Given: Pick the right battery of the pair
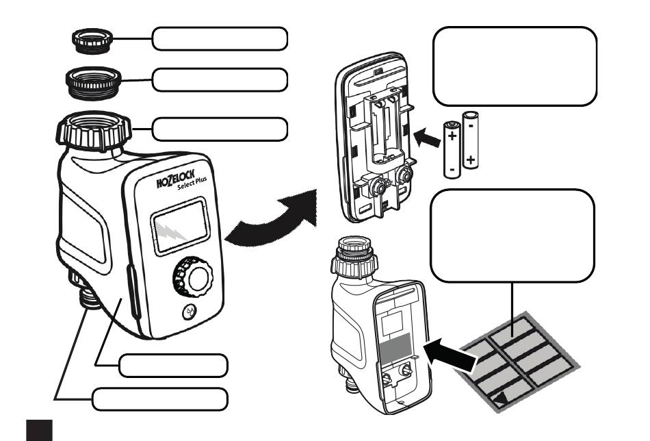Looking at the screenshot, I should [x=471, y=140].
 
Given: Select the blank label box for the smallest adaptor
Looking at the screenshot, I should [x=219, y=39].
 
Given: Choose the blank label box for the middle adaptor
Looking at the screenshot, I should [x=219, y=80].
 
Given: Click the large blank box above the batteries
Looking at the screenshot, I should [x=515, y=66].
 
